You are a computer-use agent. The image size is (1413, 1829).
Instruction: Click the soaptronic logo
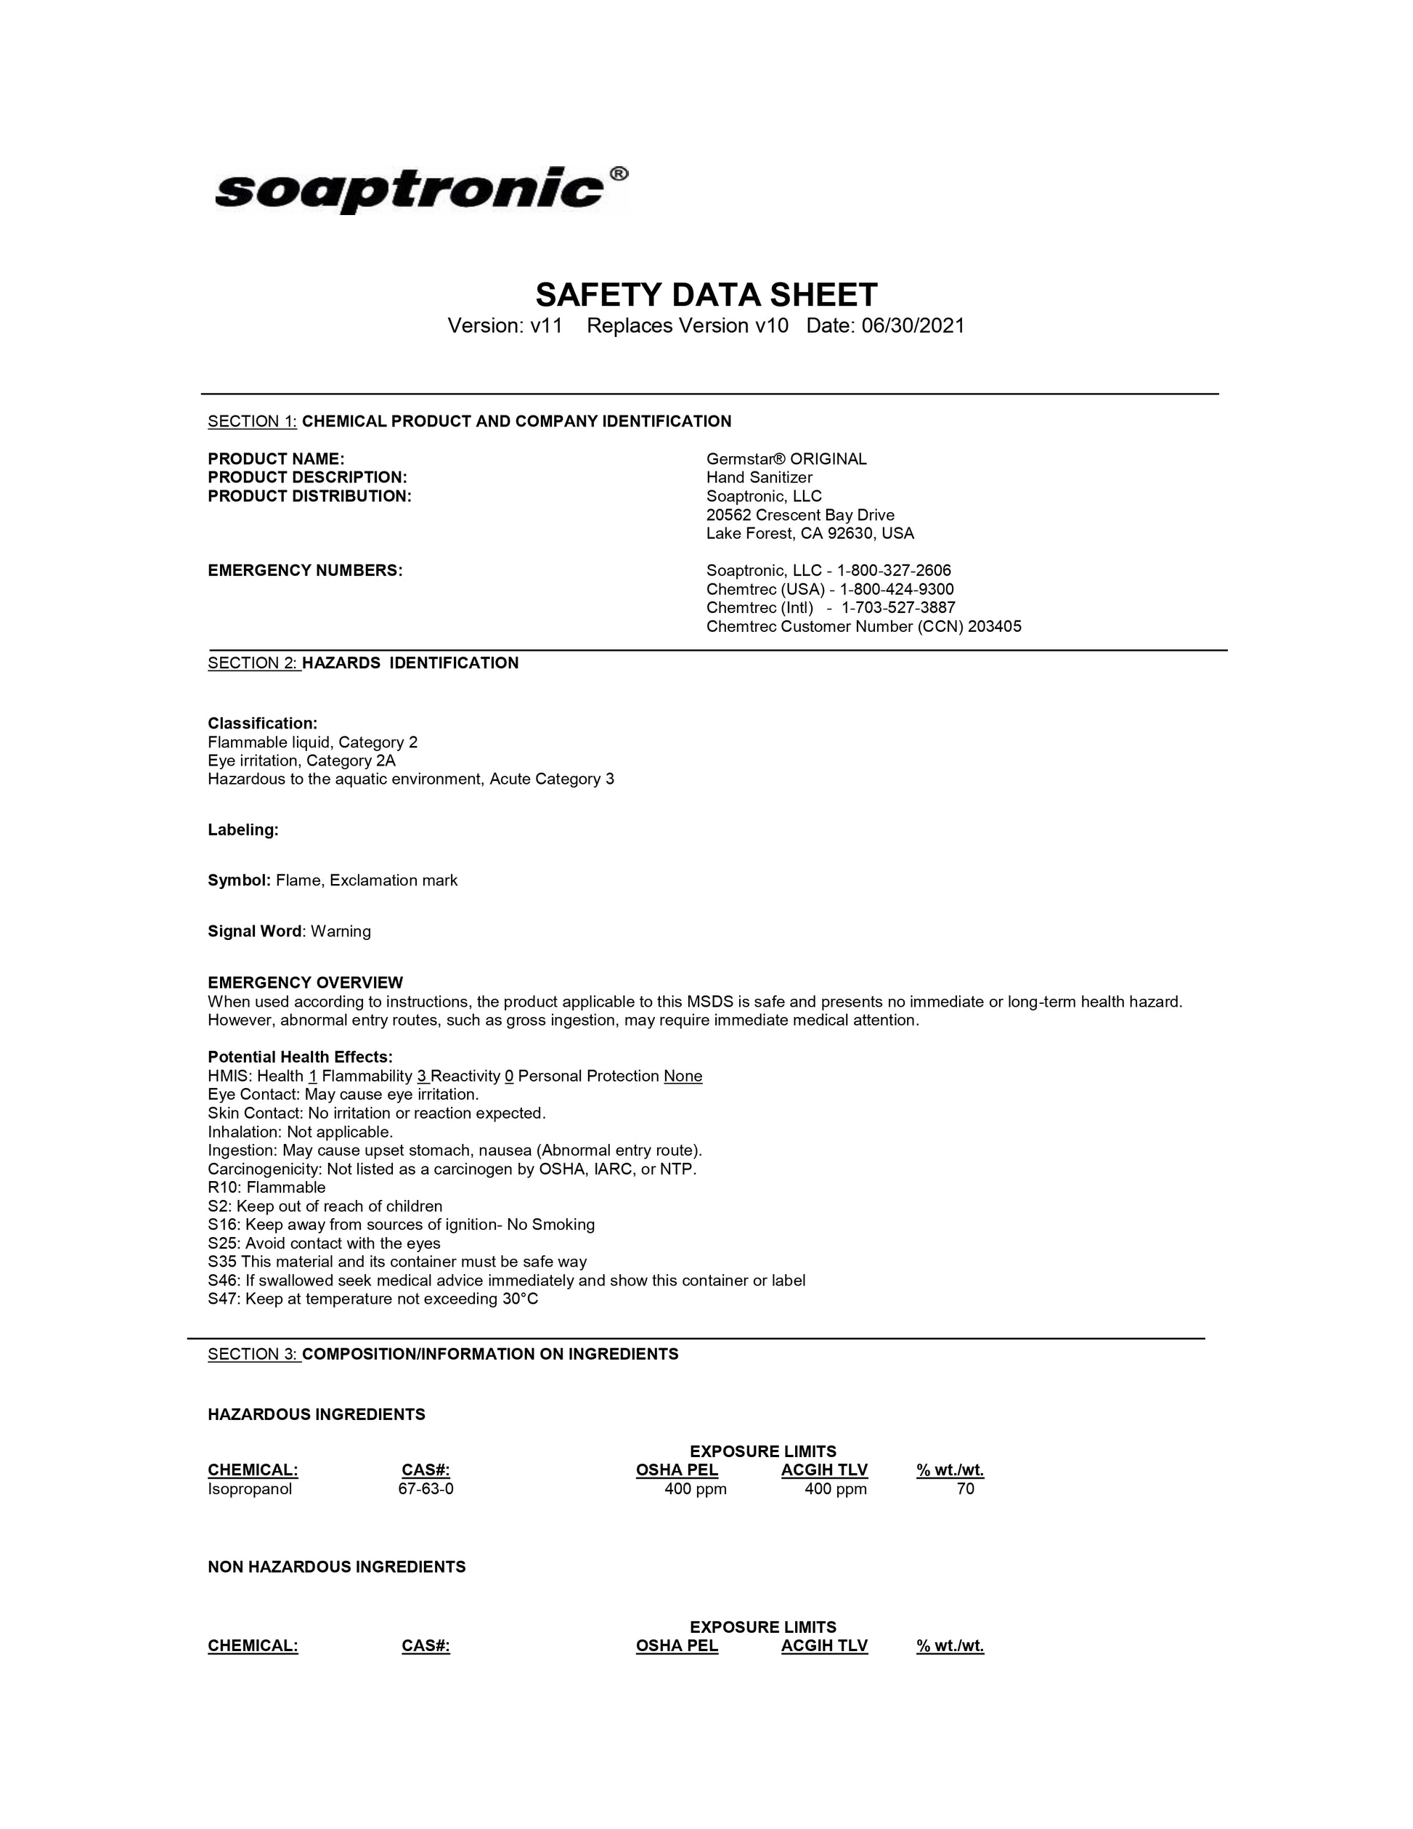pos(410,190)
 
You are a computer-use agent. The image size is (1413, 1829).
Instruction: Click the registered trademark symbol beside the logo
pos(618,174)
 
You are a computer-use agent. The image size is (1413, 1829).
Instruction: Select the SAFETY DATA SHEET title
pos(706,295)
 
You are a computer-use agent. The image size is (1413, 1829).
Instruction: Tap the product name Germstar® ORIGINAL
pos(786,459)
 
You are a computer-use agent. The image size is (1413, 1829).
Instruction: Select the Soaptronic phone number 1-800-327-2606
pos(893,570)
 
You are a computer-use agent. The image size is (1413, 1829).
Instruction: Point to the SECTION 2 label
pos(253,663)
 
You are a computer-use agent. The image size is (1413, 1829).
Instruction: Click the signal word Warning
pos(341,931)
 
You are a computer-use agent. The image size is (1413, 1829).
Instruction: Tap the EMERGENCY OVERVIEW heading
pos(305,982)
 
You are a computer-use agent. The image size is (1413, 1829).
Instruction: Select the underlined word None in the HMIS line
pos(683,1076)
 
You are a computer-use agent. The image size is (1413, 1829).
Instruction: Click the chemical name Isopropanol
pos(250,1489)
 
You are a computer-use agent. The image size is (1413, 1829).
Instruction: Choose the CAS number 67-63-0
pos(425,1489)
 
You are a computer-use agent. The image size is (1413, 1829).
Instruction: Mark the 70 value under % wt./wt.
pos(965,1489)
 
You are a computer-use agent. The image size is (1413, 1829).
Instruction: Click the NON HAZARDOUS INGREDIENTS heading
pos(336,1567)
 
